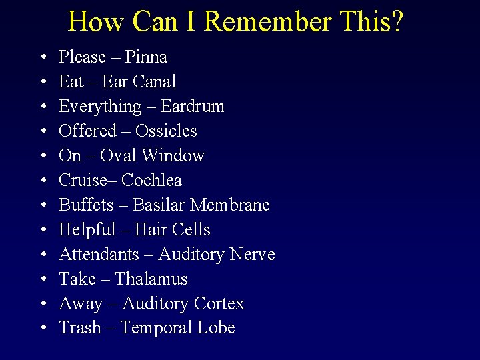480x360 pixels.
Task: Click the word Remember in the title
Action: (267, 22)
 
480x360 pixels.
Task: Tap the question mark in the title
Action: (397, 22)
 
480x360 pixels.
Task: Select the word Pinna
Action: (146, 57)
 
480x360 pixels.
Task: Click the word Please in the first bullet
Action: (82, 57)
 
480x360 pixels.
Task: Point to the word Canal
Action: (154, 82)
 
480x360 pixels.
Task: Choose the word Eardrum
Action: (192, 107)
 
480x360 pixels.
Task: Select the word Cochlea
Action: (152, 181)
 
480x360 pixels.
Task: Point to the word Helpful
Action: (87, 230)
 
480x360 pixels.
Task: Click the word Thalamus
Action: (151, 279)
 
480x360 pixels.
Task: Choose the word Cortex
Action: (219, 304)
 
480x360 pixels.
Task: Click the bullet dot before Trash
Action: (43, 329)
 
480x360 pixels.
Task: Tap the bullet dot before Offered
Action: (43, 132)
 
